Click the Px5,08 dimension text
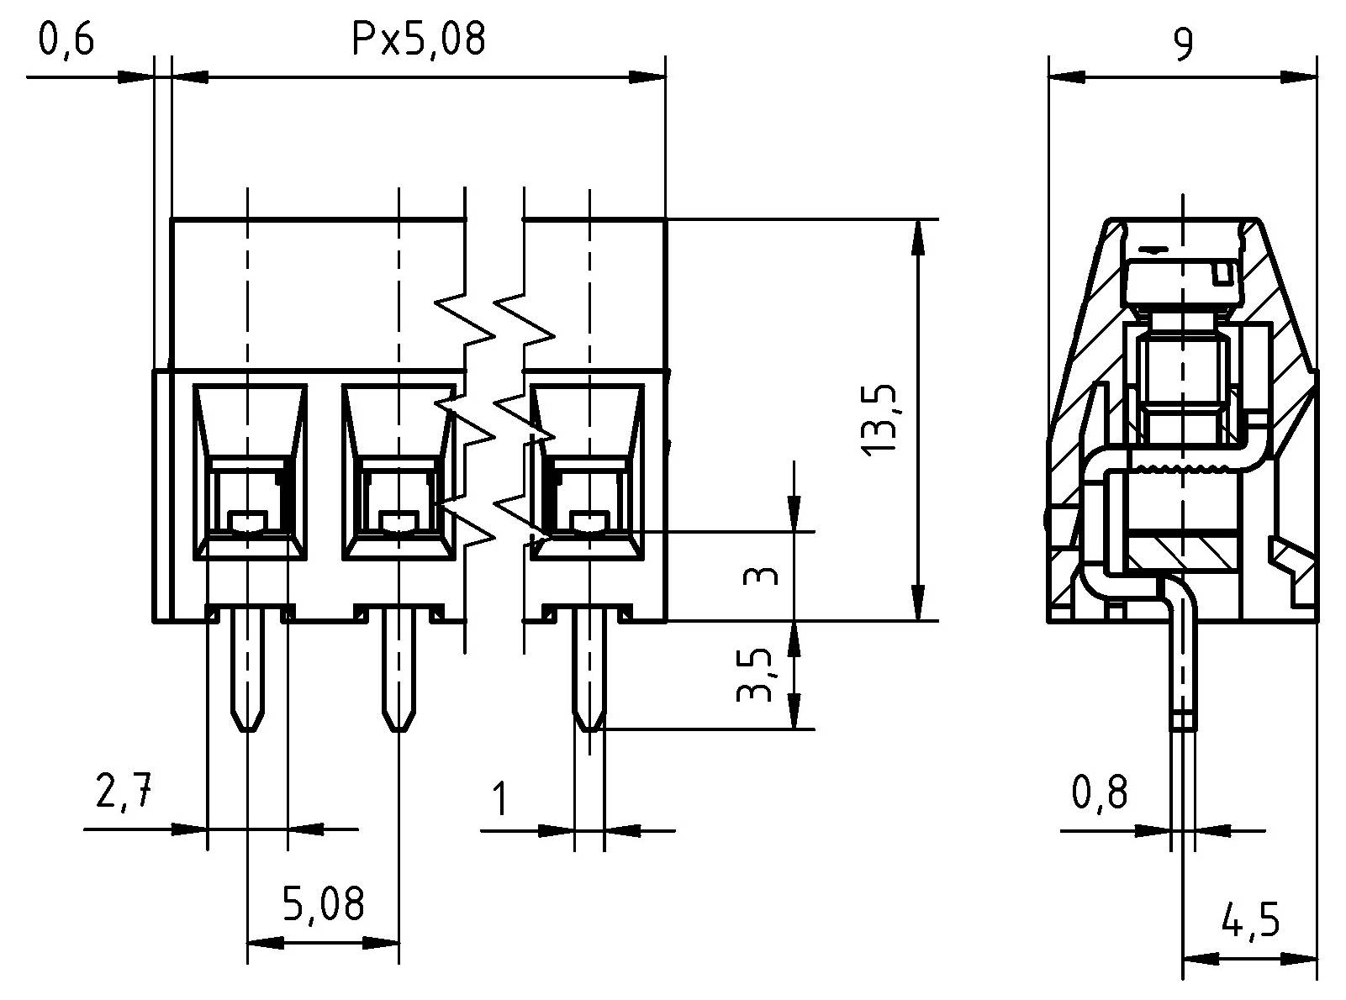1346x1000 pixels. click(418, 39)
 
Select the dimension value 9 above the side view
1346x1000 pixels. click(1182, 45)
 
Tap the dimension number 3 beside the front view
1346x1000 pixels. click(762, 576)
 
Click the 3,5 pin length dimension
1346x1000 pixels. click(754, 674)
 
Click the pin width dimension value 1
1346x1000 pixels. click(499, 799)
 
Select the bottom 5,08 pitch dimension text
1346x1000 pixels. click(323, 905)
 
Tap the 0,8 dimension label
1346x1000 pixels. click(1099, 792)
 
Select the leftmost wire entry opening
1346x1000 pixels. click(249, 471)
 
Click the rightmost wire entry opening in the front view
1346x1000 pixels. click(589, 471)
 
